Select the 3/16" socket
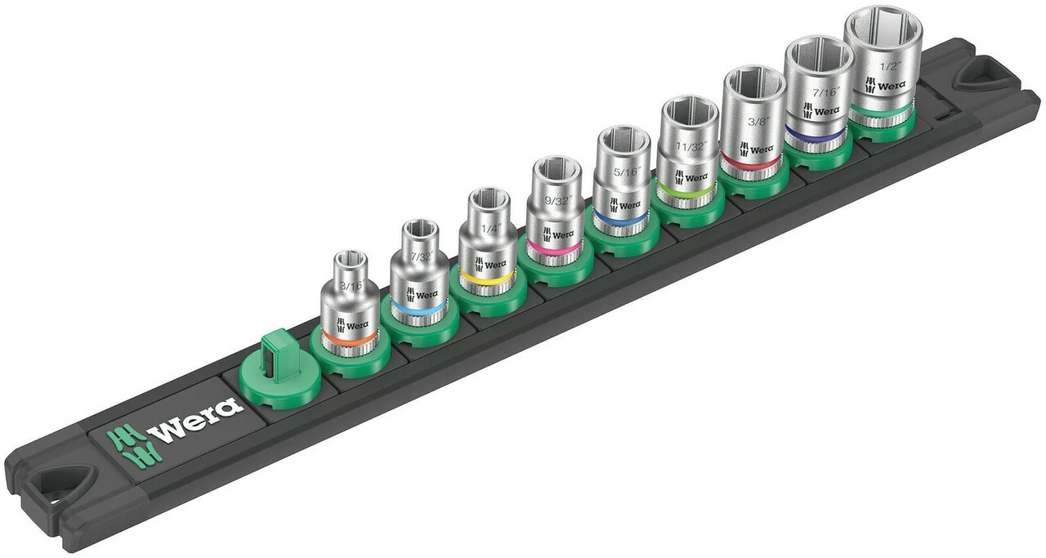click(349, 302)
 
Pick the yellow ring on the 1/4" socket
click(486, 277)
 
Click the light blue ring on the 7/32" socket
click(418, 309)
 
